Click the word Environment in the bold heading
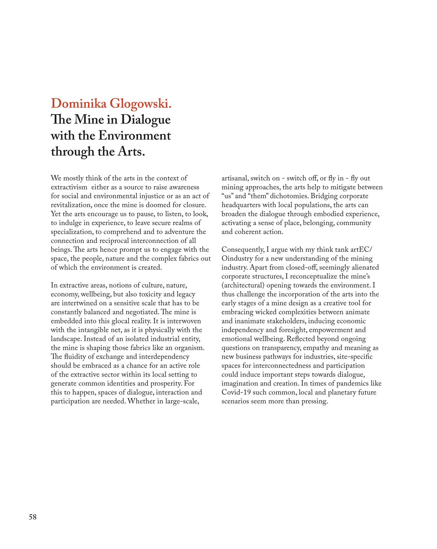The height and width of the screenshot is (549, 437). (134, 135)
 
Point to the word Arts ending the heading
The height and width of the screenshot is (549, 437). (131, 151)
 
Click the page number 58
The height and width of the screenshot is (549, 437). (33, 517)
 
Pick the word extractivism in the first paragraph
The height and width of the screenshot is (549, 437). (69, 187)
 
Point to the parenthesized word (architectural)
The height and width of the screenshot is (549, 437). (243, 286)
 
